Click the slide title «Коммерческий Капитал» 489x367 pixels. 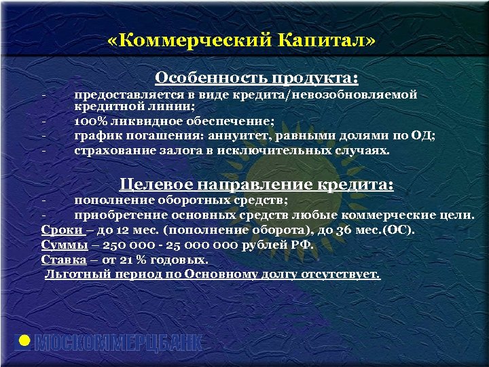[240, 41]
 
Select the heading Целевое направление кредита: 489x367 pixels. [257, 184]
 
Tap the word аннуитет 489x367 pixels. [242, 135]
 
